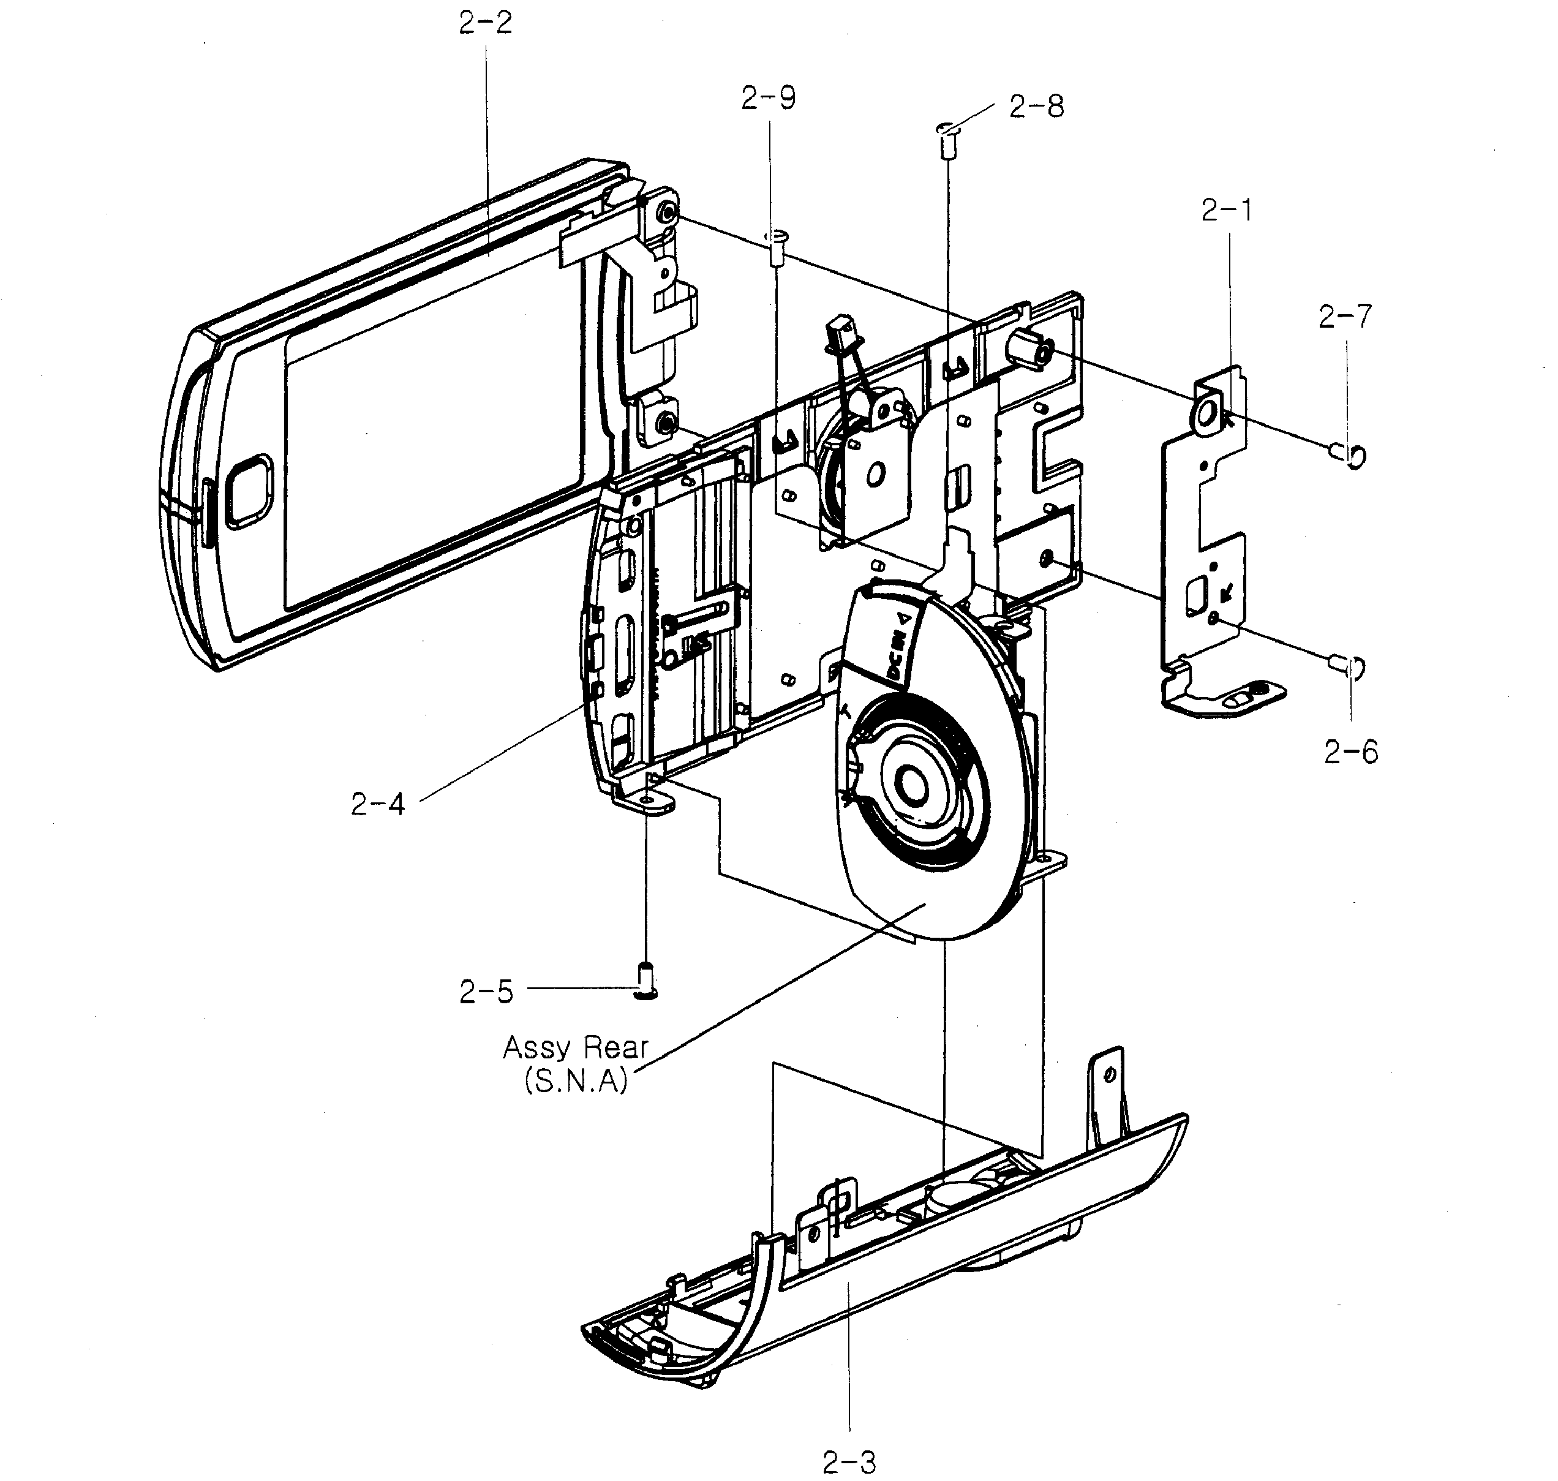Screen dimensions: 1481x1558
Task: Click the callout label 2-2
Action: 486,23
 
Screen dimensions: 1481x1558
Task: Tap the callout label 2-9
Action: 768,98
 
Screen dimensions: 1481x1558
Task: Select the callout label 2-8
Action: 1036,107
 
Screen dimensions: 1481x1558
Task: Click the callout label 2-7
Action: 1345,317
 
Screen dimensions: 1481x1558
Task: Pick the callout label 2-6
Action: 1350,752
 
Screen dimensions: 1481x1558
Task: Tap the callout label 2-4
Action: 377,804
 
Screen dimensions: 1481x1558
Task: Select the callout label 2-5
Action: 486,992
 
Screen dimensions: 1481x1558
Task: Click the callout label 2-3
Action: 849,1462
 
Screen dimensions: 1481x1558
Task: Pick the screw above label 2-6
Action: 1348,667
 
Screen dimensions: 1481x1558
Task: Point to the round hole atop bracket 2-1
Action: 1208,412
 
